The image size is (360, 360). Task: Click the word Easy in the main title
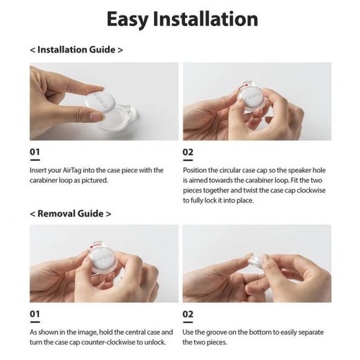point(127,19)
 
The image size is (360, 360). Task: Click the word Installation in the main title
point(205,18)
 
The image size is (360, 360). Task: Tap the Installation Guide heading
point(76,49)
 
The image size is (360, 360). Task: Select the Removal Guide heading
point(71,214)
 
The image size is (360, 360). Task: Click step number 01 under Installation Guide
point(35,152)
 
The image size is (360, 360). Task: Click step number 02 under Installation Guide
point(188,152)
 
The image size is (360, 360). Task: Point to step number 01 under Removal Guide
point(35,314)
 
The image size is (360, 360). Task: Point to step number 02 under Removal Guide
point(188,314)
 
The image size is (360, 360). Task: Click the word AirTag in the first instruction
point(72,170)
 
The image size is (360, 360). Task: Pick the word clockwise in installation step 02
point(311,190)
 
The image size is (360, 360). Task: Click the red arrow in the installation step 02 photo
point(243,86)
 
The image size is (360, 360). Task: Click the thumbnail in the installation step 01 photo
point(97,116)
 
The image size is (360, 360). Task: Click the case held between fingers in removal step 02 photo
point(256,262)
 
